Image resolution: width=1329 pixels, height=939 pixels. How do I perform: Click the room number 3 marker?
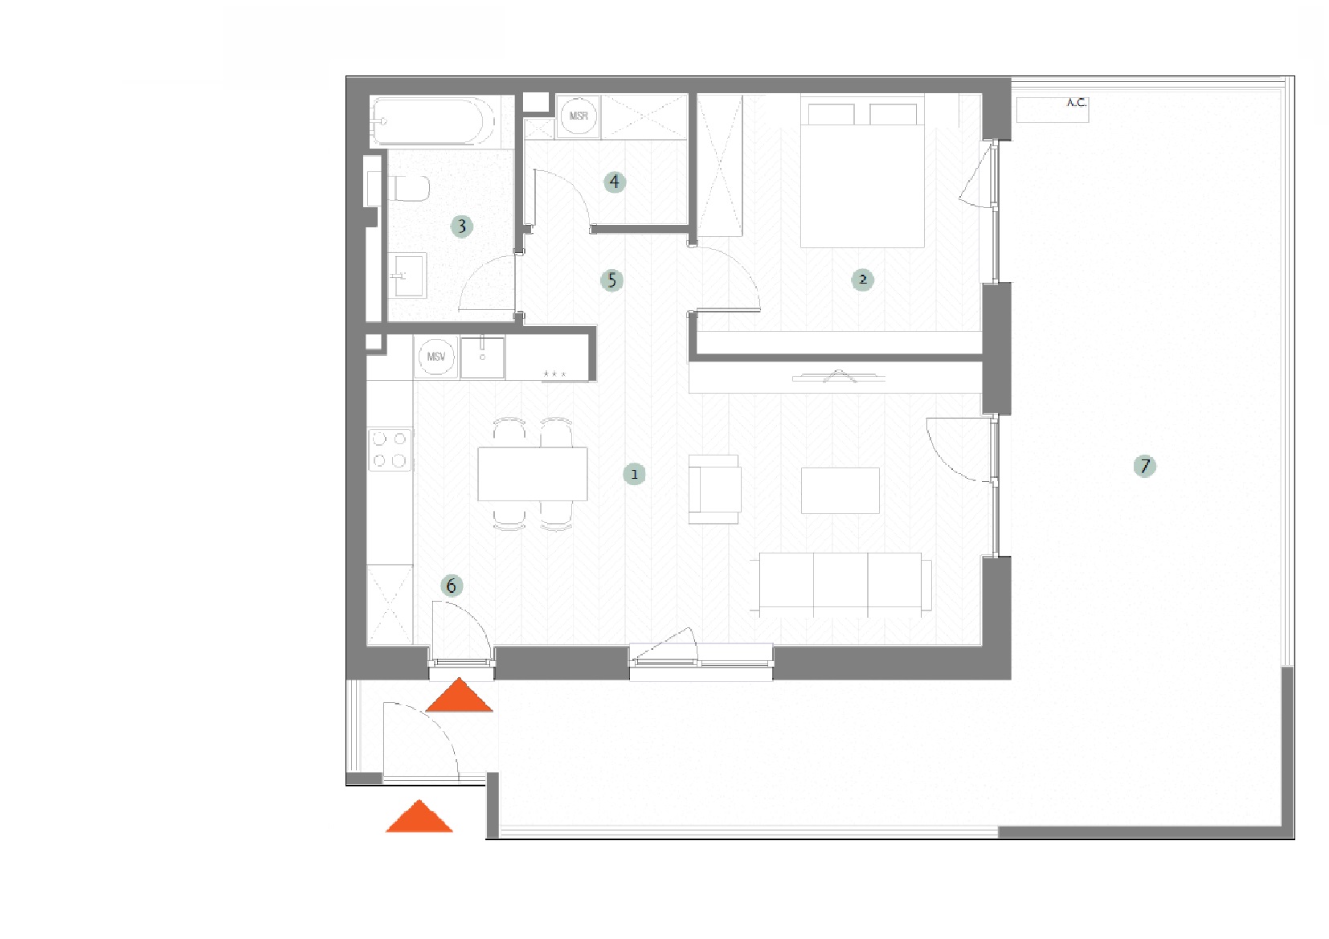click(x=461, y=226)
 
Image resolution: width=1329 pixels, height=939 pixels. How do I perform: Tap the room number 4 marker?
click(x=614, y=182)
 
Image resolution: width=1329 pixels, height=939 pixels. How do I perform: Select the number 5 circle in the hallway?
click(x=611, y=280)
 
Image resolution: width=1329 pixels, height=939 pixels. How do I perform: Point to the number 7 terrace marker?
click(x=1144, y=466)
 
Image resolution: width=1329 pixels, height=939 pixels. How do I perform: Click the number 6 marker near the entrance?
click(x=452, y=586)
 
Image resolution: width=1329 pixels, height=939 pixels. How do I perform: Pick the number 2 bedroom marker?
click(x=863, y=280)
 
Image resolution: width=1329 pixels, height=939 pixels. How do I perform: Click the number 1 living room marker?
click(x=634, y=474)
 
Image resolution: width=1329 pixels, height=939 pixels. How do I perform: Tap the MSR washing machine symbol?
click(x=579, y=116)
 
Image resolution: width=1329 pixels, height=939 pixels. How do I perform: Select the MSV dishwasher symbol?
click(x=436, y=357)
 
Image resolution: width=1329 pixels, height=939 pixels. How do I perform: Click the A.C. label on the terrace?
click(x=1076, y=103)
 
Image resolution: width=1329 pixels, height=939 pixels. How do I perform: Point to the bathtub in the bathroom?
click(x=433, y=121)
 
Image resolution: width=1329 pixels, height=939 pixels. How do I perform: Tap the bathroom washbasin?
click(x=407, y=276)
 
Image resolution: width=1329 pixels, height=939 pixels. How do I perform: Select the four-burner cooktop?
click(x=390, y=449)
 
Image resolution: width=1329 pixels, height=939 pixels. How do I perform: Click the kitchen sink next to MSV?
click(x=482, y=357)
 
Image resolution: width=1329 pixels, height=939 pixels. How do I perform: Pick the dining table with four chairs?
click(x=532, y=474)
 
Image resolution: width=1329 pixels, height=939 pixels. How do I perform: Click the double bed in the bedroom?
click(x=862, y=171)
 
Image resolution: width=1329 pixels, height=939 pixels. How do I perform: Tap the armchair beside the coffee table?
click(x=714, y=489)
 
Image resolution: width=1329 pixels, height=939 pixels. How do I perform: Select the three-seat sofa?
click(x=844, y=585)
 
